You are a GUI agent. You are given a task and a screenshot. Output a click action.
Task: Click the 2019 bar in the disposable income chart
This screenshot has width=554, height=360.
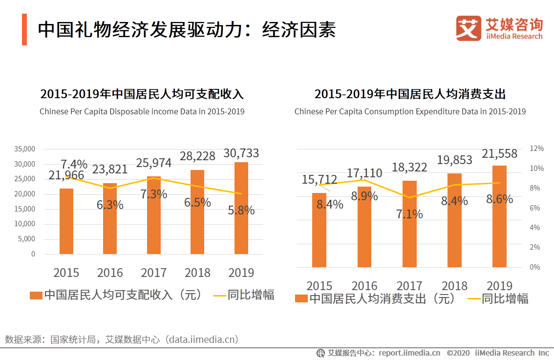(241, 208)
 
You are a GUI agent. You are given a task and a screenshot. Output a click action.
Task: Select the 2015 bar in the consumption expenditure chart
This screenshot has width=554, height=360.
(319, 230)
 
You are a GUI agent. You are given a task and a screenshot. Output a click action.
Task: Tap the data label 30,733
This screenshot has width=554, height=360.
(241, 153)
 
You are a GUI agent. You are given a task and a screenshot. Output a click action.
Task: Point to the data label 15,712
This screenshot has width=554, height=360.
(320, 180)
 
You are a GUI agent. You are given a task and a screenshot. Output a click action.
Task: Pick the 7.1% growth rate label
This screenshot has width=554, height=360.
(409, 214)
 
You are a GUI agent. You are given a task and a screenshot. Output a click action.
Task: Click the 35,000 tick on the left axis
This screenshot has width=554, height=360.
(25, 149)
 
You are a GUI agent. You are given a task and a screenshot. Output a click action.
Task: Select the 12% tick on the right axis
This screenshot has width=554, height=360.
(536, 148)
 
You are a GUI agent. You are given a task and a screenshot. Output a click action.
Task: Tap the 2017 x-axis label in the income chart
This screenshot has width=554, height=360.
(153, 273)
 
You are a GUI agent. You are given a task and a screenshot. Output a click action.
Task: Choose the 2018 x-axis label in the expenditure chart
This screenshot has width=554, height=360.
(454, 286)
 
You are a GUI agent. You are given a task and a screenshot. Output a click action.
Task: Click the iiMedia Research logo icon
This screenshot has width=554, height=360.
(469, 29)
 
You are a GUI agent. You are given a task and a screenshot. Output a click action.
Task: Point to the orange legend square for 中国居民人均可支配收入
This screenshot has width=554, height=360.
(36, 296)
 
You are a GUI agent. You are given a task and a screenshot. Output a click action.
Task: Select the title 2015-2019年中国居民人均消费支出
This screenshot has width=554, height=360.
(410, 94)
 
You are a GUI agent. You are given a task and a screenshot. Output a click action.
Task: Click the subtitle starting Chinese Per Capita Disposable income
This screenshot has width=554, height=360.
(142, 111)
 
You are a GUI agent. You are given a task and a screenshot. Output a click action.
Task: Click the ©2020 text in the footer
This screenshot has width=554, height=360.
(458, 353)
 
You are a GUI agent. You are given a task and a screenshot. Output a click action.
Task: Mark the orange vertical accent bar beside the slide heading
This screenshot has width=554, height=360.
(24, 29)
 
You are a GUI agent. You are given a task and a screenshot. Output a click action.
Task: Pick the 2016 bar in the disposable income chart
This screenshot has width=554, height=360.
(110, 218)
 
